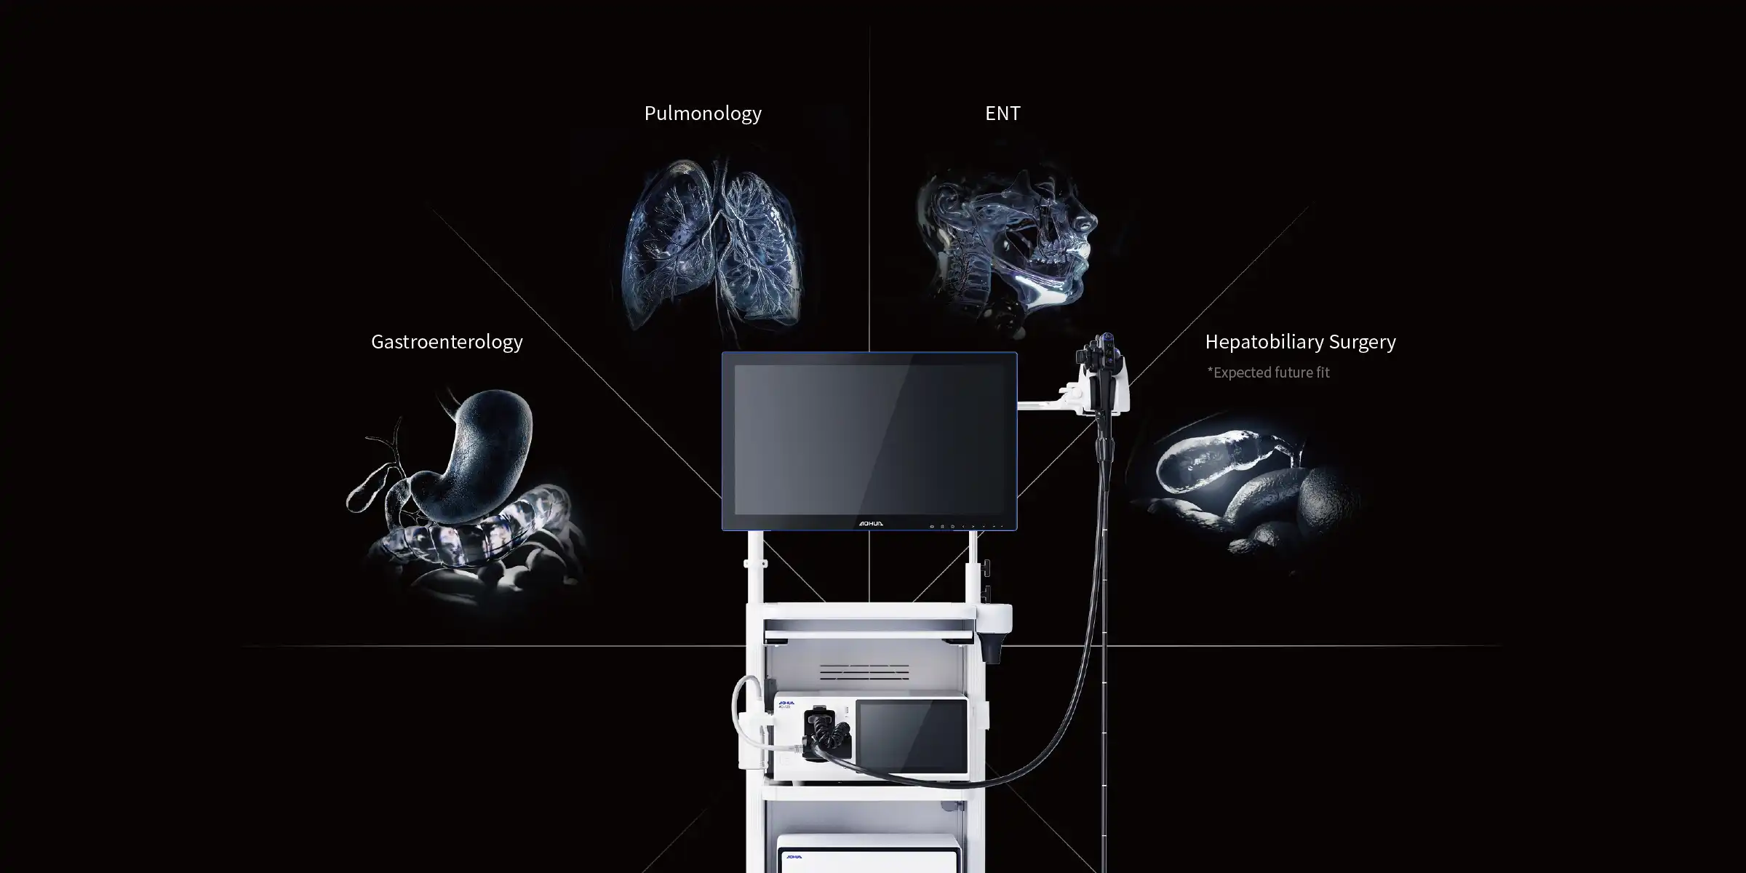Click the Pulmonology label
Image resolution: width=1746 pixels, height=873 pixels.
[703, 113]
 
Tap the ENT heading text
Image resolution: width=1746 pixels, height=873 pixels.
[1002, 113]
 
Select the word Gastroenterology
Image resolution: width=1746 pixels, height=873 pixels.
[447, 342]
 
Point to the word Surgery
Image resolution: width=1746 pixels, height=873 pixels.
[1362, 342]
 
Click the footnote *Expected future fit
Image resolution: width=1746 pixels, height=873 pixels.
[1268, 372]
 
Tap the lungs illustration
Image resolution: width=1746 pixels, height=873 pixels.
[713, 244]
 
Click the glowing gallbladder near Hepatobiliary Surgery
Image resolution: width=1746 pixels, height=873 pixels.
[1208, 458]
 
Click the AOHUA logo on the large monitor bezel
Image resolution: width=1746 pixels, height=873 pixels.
[870, 524]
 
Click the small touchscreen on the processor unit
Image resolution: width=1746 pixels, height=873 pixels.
[911, 736]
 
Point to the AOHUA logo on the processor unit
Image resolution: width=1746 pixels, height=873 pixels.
[786, 703]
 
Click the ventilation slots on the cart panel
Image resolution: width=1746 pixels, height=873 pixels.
[864, 671]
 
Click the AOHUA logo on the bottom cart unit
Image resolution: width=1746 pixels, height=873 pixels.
[794, 857]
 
